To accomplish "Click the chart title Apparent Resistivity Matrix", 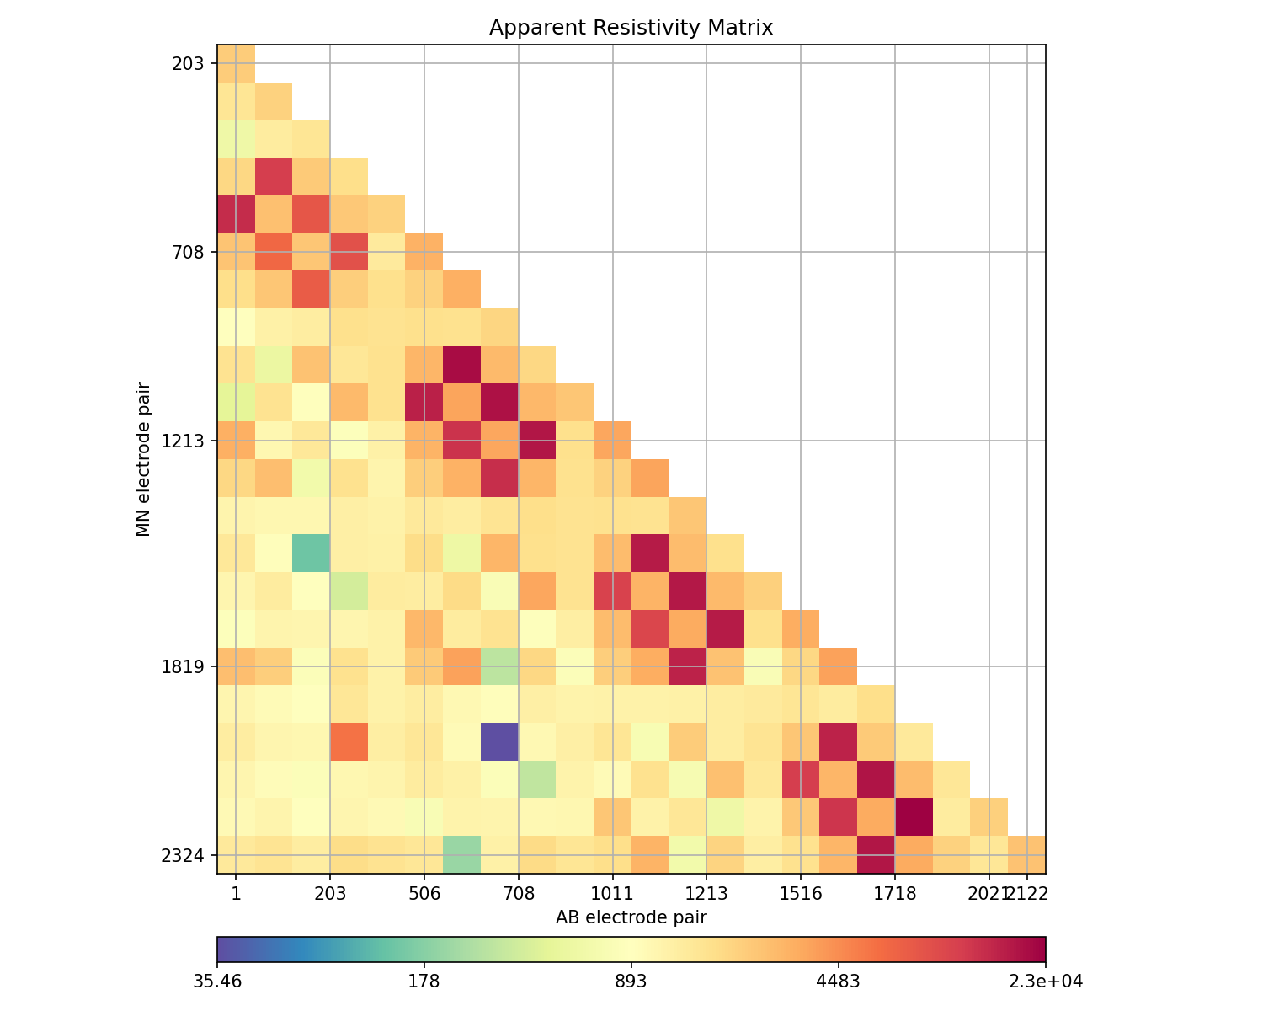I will pos(631,28).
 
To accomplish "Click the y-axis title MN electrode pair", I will pos(144,459).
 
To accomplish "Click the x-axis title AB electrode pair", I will pos(631,917).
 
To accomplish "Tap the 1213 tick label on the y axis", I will pos(185,441).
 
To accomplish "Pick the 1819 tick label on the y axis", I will pos(185,667).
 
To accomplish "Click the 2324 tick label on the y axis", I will pos(185,856).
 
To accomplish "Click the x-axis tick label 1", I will pos(236,893).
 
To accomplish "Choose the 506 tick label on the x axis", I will pos(424,893).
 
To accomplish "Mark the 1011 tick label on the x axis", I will pos(612,893).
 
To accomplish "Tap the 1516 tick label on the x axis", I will pos(801,893).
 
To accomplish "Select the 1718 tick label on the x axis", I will pos(895,893).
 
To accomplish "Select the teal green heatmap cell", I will pos(311,553).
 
